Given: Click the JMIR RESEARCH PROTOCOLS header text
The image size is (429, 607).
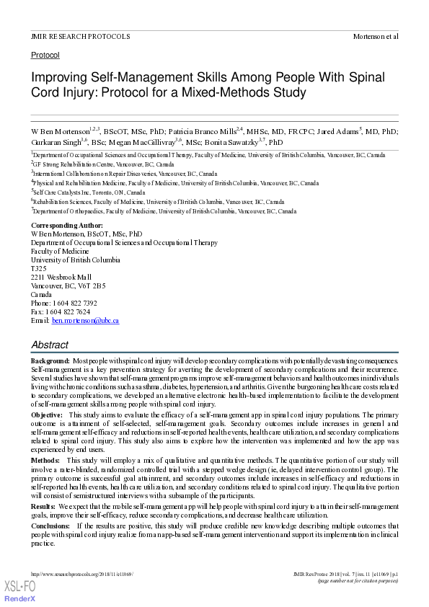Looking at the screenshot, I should coord(81,35).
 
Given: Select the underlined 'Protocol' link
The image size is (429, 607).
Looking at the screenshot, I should coord(45,55).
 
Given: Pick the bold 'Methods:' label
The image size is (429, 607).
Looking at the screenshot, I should coord(45,460).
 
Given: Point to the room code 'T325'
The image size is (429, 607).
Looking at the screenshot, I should coord(38,268).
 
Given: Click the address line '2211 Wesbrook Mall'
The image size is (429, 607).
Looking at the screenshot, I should coord(61,277).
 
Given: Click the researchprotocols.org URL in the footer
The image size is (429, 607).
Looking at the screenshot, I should coord(83,574).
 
